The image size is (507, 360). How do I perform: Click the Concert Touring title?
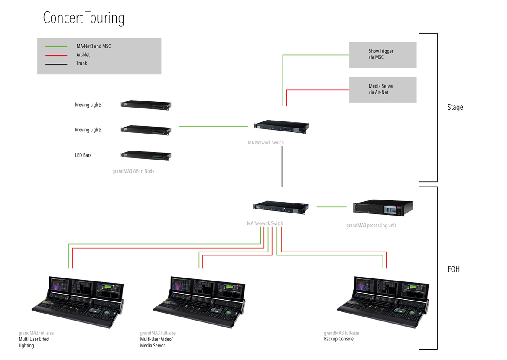84,18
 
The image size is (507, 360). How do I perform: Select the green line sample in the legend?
56,46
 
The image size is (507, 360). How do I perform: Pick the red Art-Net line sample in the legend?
56,55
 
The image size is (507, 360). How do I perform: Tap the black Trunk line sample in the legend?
56,64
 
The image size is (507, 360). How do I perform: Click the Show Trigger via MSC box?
383,55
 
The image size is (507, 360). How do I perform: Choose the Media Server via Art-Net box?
383,90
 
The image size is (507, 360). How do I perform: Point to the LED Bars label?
83,155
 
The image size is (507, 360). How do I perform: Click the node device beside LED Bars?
146,155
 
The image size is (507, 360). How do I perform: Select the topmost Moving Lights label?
88,105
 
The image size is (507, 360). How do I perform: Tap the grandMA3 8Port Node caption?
133,171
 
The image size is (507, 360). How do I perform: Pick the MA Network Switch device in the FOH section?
281,207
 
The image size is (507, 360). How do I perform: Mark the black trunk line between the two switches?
282,167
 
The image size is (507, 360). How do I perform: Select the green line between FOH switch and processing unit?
331,207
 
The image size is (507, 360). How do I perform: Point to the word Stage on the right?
455,107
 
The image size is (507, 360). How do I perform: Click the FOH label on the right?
453,269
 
